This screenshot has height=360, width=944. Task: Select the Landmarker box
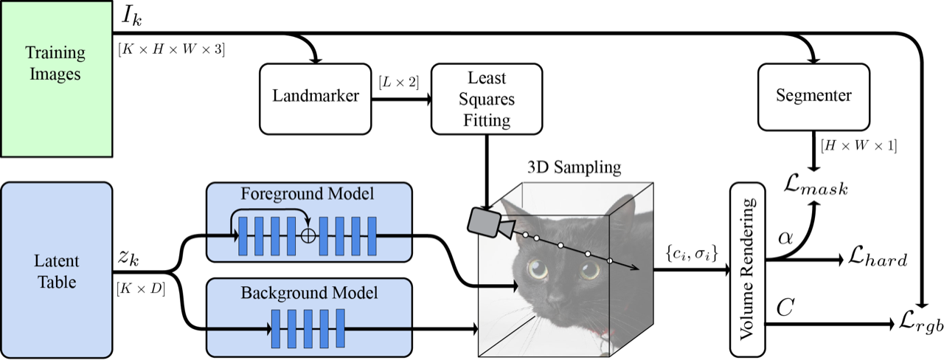click(x=316, y=96)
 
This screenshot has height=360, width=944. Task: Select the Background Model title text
click(x=309, y=292)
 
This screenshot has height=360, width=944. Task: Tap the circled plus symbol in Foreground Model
click(x=308, y=234)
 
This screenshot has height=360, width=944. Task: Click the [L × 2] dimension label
click(x=398, y=82)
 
